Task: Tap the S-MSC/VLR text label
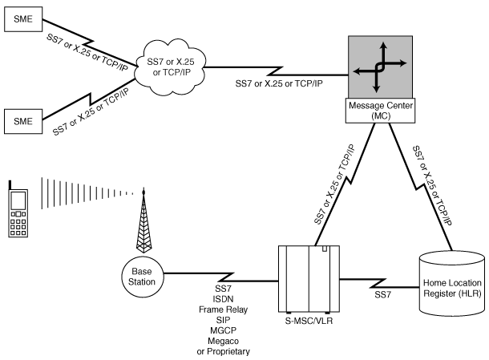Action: pyautogui.click(x=309, y=321)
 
